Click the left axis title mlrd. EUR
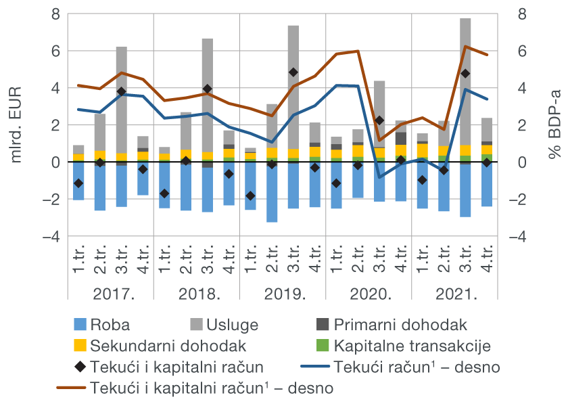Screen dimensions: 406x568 [x=16, y=125]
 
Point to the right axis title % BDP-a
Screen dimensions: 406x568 [x=554, y=125]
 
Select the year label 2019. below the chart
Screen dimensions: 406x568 [x=283, y=294]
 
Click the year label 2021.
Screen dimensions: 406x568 [x=454, y=294]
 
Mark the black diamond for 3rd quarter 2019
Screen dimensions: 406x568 [x=293, y=72]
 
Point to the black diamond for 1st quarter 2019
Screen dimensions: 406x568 [x=250, y=196]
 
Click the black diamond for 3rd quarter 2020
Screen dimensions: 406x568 [x=379, y=120]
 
